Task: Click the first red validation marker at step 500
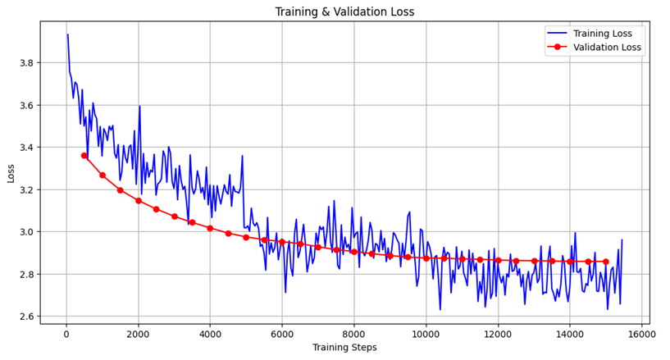[x=84, y=155]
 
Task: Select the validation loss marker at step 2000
[x=138, y=200]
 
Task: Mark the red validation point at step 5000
[x=246, y=236]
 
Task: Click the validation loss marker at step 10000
[x=426, y=258]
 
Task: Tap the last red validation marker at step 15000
[x=605, y=262]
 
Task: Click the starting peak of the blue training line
[x=67, y=34]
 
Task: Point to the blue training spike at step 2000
[x=139, y=106]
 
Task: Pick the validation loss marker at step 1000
[x=103, y=175]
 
